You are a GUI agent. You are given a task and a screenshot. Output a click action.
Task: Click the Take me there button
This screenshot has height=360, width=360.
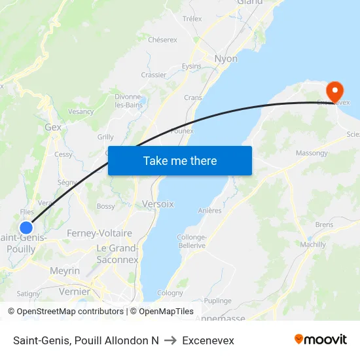[x=180, y=160]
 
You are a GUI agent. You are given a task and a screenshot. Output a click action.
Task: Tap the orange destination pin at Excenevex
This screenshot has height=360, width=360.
[x=334, y=92]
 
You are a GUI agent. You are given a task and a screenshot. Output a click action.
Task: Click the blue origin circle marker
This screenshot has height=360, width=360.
[x=26, y=228]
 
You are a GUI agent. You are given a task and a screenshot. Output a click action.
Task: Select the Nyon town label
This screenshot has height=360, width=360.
[x=226, y=59]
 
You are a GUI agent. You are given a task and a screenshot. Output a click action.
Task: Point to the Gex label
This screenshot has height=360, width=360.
[x=53, y=128]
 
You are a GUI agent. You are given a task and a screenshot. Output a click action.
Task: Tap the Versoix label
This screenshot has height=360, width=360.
[x=158, y=204]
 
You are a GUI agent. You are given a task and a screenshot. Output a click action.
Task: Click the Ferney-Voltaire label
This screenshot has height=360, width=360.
[x=99, y=233]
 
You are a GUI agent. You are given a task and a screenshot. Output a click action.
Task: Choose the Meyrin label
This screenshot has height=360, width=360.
[x=65, y=271]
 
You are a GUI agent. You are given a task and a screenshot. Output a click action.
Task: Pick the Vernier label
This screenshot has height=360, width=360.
[x=74, y=292]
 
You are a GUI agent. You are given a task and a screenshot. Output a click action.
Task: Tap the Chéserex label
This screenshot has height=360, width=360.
[x=162, y=40]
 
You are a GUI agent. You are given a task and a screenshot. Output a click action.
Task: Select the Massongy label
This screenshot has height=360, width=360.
[x=312, y=153]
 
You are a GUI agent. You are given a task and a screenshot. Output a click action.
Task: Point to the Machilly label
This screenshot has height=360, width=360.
[x=313, y=245]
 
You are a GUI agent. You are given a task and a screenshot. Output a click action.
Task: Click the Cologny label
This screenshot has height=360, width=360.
[x=170, y=293]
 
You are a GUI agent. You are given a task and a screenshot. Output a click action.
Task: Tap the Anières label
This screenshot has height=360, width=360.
[x=210, y=211]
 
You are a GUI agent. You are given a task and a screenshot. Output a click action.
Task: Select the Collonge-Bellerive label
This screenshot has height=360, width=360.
[x=191, y=242]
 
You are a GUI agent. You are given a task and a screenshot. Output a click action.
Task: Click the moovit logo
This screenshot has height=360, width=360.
[x=321, y=340]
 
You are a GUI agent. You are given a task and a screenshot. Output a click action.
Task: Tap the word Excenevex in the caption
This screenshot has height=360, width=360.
[x=208, y=340]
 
